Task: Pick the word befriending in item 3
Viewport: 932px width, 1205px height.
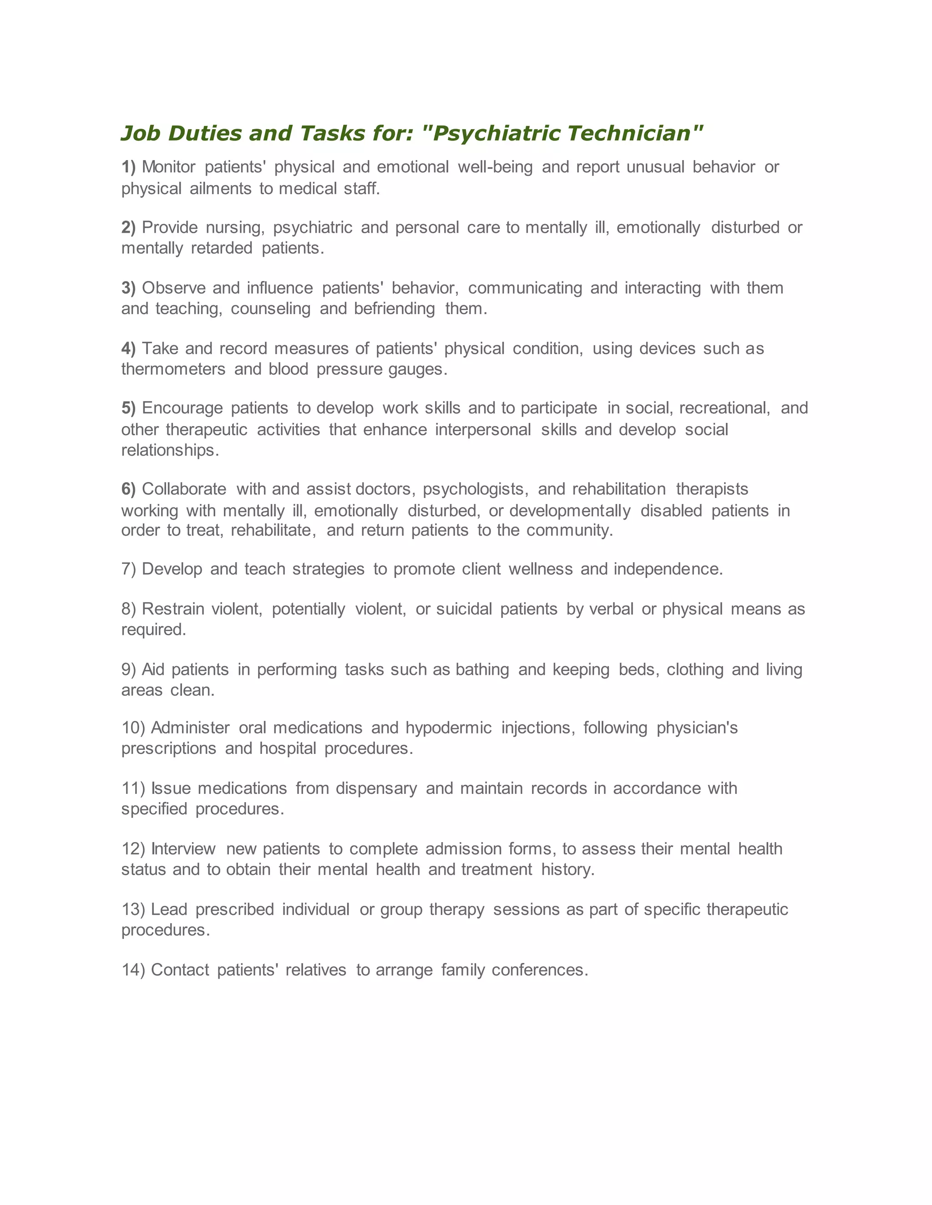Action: click(x=394, y=308)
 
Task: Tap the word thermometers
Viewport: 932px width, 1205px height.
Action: click(x=173, y=369)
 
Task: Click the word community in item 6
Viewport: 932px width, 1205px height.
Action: click(x=569, y=530)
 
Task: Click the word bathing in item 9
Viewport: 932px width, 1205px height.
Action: click(x=482, y=669)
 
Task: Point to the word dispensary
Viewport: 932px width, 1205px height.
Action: click(x=376, y=788)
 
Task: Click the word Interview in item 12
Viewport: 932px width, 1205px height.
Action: click(x=183, y=849)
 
